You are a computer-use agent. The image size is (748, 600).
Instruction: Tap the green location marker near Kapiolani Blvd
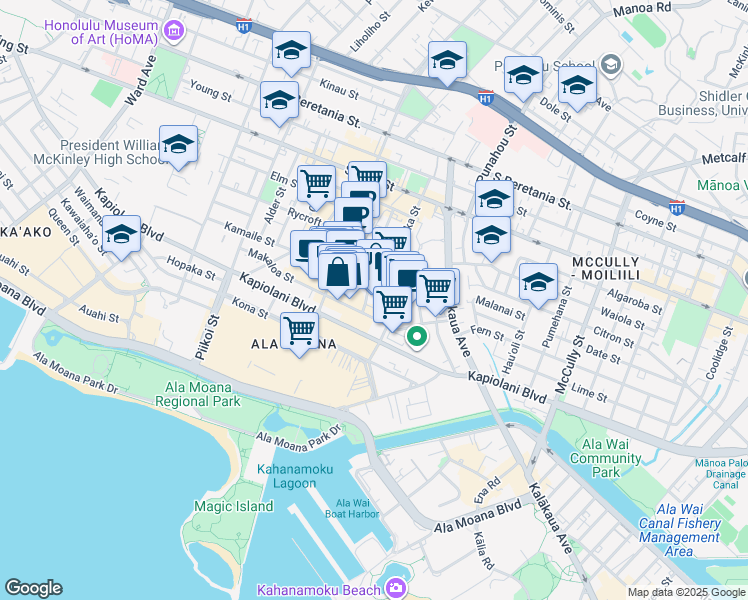coord(417,338)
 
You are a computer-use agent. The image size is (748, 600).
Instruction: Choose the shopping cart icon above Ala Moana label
coord(300,330)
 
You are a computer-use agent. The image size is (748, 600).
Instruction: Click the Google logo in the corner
coord(34,588)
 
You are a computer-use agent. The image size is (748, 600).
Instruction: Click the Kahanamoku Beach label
coord(319,589)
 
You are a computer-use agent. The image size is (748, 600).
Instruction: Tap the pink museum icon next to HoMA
coord(176,32)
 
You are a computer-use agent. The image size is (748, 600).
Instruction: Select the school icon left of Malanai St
coord(537,281)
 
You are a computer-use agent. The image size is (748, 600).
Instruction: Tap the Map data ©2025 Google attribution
coord(685,592)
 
